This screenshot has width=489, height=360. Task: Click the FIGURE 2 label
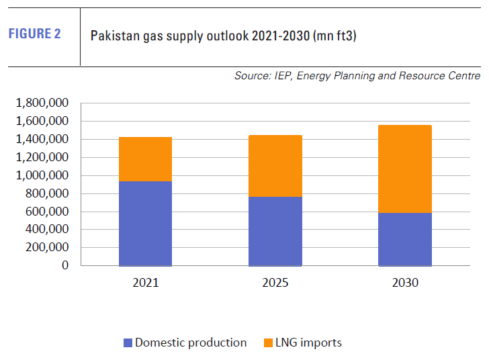(34, 34)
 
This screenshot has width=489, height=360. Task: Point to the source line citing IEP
(357, 76)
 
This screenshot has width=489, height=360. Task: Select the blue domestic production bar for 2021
(145, 223)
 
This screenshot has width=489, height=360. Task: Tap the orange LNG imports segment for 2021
(145, 159)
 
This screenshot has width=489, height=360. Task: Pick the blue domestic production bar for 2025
(275, 231)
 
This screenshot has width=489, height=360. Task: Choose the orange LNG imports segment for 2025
(275, 166)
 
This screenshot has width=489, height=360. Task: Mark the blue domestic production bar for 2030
(405, 239)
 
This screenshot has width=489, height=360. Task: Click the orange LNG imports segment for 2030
(405, 169)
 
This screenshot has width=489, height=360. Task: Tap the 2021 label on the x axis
(145, 283)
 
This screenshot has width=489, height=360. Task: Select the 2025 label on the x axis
(275, 283)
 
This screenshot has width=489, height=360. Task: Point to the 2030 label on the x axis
(405, 283)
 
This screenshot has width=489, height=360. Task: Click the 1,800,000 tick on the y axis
(41, 103)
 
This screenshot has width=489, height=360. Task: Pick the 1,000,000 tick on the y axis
(41, 175)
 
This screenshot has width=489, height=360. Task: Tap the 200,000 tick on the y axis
(46, 247)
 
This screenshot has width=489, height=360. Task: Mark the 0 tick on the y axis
(65, 265)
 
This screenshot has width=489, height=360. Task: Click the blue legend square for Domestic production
(128, 343)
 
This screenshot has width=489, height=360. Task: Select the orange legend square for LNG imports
(268, 343)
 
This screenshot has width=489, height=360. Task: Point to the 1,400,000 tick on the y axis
(41, 140)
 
